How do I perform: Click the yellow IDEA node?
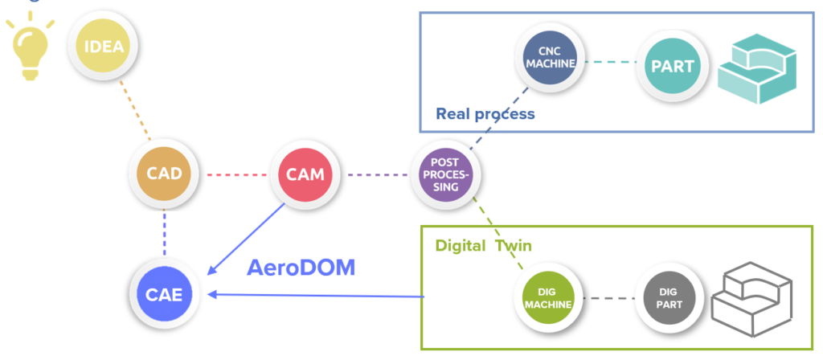[104, 46]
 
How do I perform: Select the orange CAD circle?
[164, 174]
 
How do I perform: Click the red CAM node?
[306, 174]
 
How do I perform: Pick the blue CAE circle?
[164, 295]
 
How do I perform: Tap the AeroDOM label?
[300, 267]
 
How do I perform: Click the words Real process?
[485, 113]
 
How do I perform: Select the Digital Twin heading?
[483, 245]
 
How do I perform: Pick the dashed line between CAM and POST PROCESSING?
[378, 174]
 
